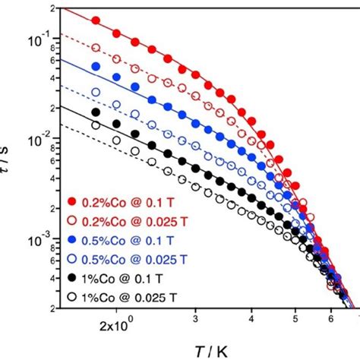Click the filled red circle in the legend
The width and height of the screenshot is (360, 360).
74,201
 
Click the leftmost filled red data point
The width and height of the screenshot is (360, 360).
96,21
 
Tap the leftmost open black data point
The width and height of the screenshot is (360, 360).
96,125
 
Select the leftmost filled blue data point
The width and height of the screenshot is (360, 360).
96,67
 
